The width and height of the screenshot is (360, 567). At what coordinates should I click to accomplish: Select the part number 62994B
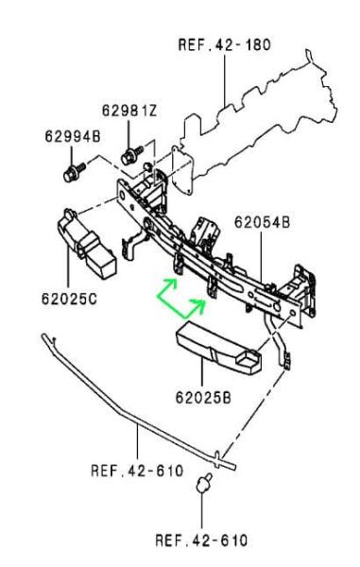(72, 136)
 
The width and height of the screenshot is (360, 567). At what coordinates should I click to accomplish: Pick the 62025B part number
(201, 396)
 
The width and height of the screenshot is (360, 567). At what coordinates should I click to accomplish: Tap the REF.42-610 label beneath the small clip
(201, 541)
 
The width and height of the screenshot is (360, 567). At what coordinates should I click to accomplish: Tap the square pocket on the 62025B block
(247, 360)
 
